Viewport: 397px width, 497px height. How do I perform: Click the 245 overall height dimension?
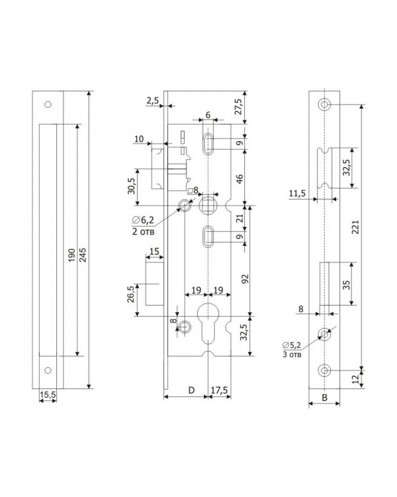(x=82, y=255)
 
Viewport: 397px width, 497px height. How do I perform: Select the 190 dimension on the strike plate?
(x=72, y=255)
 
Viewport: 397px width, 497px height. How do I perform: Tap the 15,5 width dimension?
(x=48, y=395)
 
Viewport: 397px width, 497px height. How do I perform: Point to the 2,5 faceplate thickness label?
(x=153, y=101)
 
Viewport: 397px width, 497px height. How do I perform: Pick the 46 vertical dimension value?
(x=240, y=178)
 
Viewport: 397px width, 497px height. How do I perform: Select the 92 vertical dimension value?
(x=245, y=278)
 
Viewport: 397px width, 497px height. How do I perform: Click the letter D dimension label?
(x=191, y=390)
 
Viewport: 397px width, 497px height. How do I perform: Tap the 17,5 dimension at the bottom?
(x=220, y=390)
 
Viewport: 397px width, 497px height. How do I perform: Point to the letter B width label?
(x=324, y=398)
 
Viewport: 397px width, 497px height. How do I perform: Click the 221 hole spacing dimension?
(x=355, y=227)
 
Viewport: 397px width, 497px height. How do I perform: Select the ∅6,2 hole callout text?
(x=144, y=220)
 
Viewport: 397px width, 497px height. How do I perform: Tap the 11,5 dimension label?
(x=297, y=193)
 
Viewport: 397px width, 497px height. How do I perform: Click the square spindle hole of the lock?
(x=208, y=205)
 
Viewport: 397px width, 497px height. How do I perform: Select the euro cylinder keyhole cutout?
(x=208, y=323)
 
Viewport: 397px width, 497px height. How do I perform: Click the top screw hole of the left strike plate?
(x=48, y=104)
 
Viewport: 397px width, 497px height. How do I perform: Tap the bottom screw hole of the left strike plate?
(x=48, y=370)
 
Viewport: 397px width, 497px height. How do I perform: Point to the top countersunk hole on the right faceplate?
(x=324, y=104)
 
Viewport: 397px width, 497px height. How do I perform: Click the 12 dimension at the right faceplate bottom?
(x=355, y=379)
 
